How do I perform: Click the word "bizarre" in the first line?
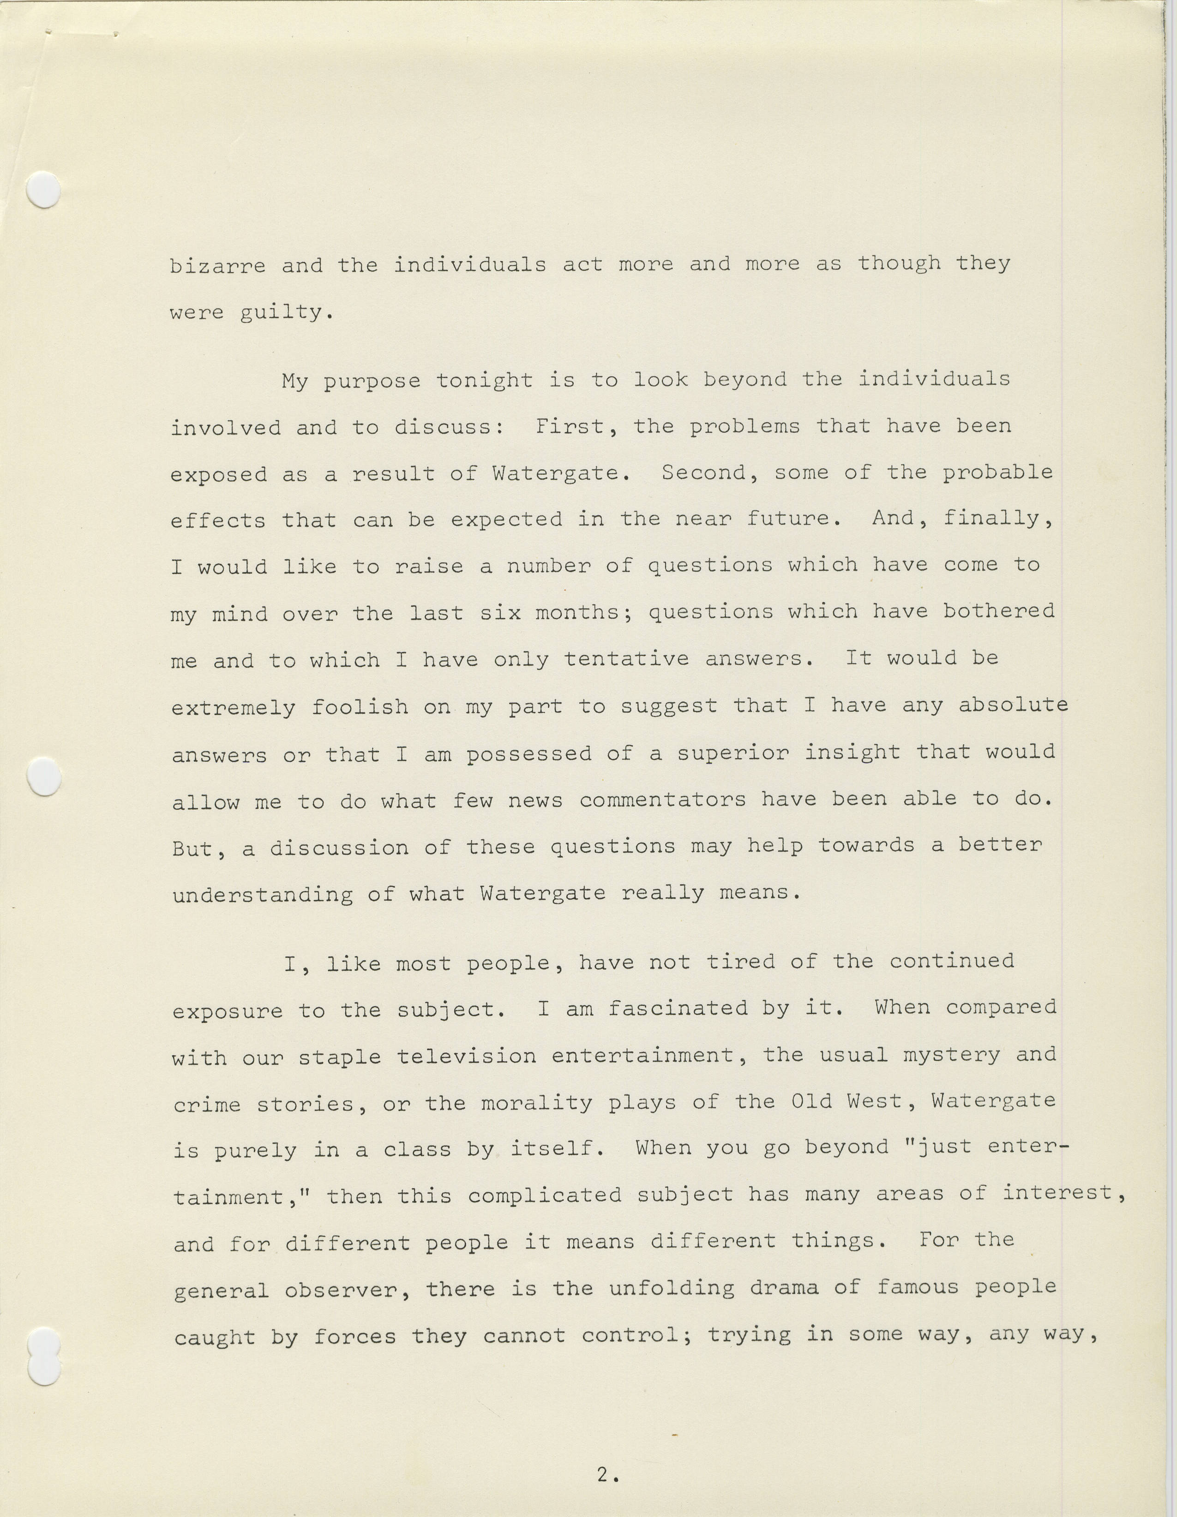(x=217, y=266)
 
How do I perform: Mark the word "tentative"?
(x=626, y=659)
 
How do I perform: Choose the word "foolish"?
(x=359, y=707)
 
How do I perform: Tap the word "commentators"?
(x=662, y=800)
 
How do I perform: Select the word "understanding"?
(x=263, y=895)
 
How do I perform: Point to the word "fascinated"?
(x=678, y=1009)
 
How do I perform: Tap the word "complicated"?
(x=544, y=1196)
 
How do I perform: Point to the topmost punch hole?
(x=42, y=189)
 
